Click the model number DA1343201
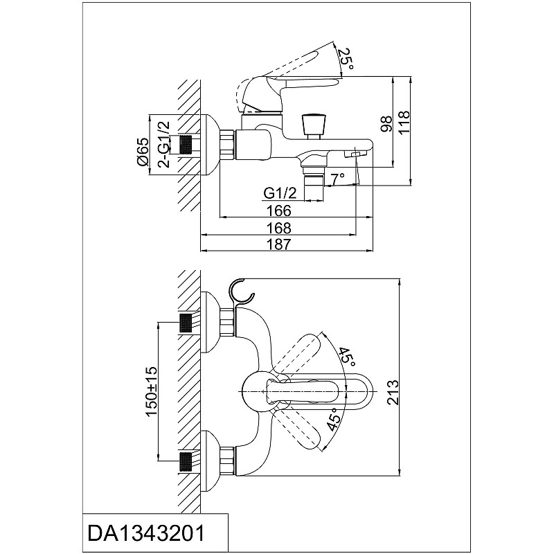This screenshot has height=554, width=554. (x=146, y=533)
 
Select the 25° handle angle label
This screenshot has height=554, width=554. (x=345, y=59)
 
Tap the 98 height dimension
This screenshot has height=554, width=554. (x=387, y=124)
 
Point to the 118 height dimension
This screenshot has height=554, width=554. (x=404, y=122)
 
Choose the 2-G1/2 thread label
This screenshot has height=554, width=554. (x=164, y=144)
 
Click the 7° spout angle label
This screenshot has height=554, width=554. (x=338, y=179)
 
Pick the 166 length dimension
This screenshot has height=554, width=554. (x=279, y=211)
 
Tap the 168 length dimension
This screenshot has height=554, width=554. (x=279, y=228)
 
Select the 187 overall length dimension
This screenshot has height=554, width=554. (x=279, y=244)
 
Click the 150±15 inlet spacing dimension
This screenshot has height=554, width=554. (x=152, y=392)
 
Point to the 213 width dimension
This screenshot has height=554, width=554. (x=392, y=392)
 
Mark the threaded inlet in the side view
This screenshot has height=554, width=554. (x=186, y=145)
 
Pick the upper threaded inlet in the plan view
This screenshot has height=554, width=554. (x=186, y=323)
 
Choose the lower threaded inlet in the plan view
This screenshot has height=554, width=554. (x=186, y=461)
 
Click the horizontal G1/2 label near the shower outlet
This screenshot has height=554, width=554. (x=280, y=193)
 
